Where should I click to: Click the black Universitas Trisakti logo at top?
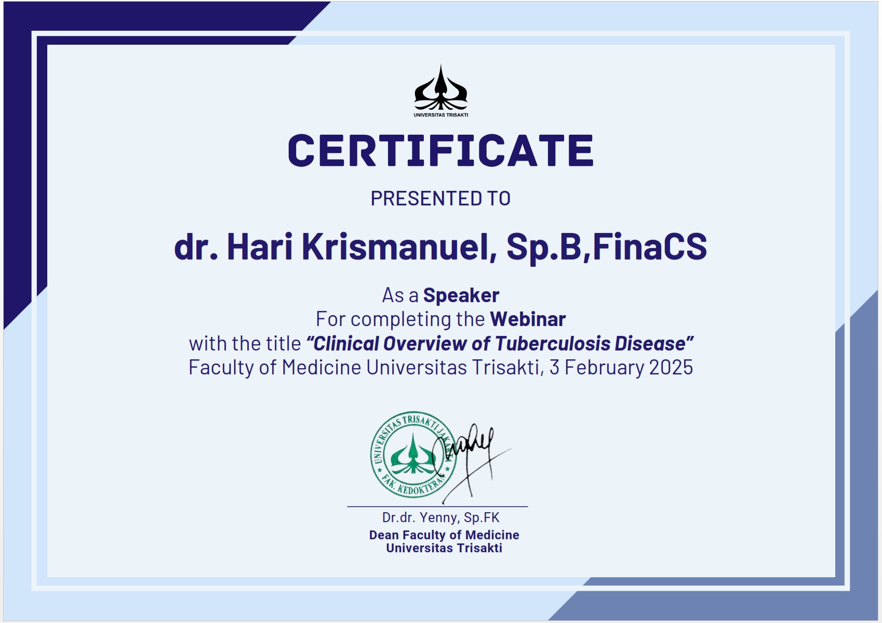click(440, 90)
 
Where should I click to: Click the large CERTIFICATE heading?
click(440, 150)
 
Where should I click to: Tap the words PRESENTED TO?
click(440, 198)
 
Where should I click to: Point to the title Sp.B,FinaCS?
click(607, 248)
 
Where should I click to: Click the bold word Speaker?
click(461, 295)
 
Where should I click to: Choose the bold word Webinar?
click(528, 319)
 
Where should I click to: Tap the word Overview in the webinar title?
click(424, 343)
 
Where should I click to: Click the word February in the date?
click(605, 368)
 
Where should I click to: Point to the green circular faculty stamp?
click(413, 455)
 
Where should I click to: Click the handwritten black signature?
click(473, 461)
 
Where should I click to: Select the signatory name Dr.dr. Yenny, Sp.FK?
click(440, 518)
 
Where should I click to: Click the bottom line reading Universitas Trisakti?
click(444, 548)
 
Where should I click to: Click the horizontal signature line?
click(437, 507)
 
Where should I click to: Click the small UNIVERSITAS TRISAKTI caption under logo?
click(440, 115)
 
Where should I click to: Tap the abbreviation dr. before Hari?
click(196, 247)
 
